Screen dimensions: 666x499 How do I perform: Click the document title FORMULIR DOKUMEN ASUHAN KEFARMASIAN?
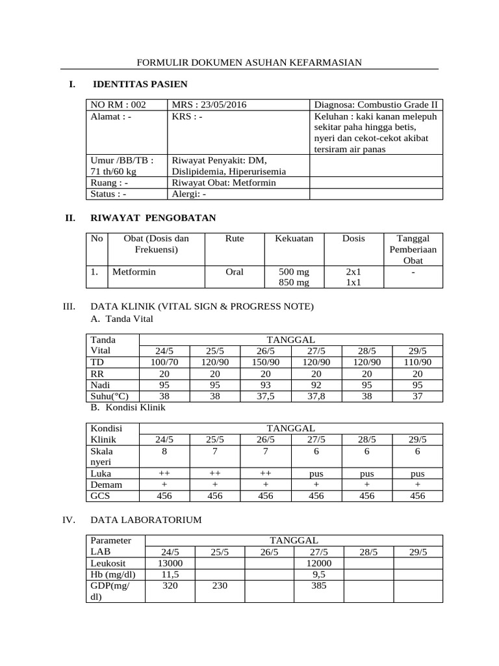pyautogui.click(x=249, y=62)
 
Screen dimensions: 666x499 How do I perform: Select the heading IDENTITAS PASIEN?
pyautogui.click(x=140, y=84)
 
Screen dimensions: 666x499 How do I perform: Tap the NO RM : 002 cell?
pyautogui.click(x=118, y=105)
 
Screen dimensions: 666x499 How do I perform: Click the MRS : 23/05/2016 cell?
pyautogui.click(x=209, y=105)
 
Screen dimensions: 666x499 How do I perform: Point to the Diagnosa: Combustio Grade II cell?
pyautogui.click(x=376, y=105)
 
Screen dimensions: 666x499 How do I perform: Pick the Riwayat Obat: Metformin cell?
pyautogui.click(x=224, y=183)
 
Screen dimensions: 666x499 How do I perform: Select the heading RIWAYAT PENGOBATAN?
pyautogui.click(x=155, y=217)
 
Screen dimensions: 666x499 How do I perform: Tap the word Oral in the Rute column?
pyautogui.click(x=234, y=272)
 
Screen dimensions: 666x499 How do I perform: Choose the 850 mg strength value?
pyautogui.click(x=294, y=282)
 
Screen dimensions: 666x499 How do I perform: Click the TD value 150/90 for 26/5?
pyautogui.click(x=266, y=362)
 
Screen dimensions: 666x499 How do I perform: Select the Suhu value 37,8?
pyautogui.click(x=316, y=396)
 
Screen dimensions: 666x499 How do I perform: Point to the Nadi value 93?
pyautogui.click(x=266, y=385)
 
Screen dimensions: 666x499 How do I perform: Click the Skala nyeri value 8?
pyautogui.click(x=165, y=451)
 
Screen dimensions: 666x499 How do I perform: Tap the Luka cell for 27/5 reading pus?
pyautogui.click(x=316, y=474)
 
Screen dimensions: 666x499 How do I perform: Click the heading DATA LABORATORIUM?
pyautogui.click(x=146, y=520)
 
